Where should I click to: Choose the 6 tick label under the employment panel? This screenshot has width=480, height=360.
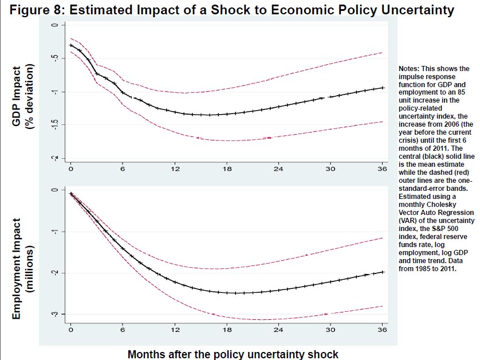(x=123, y=331)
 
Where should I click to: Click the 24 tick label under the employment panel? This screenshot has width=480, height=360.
(x=279, y=331)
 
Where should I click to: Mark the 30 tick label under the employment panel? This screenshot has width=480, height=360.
(x=331, y=331)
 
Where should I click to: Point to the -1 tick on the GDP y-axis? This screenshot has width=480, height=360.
(x=55, y=92)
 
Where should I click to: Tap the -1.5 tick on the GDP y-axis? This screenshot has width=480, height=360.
(x=55, y=124)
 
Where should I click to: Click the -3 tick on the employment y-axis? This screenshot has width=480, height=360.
(x=55, y=314)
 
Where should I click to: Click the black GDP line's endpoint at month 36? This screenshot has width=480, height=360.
(x=383, y=88)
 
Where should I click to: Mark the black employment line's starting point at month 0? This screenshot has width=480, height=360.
(x=70, y=194)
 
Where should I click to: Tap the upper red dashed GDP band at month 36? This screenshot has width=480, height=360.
(x=383, y=53)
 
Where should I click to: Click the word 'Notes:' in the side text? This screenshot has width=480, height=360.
(x=411, y=68)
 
